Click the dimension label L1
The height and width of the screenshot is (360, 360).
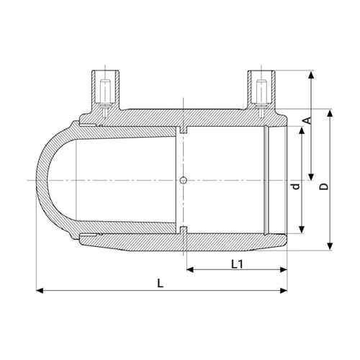click(x=237, y=264)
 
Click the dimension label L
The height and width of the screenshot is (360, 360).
click(x=160, y=284)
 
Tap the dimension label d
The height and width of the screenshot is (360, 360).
click(x=296, y=186)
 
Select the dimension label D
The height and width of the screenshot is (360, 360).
click(x=324, y=186)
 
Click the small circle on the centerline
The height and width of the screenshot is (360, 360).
click(x=184, y=180)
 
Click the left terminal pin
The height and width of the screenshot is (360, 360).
click(x=105, y=99)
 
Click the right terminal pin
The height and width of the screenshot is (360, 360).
click(x=261, y=99)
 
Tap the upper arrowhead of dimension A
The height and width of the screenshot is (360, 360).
click(x=311, y=75)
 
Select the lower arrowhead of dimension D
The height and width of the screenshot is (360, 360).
click(x=330, y=246)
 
